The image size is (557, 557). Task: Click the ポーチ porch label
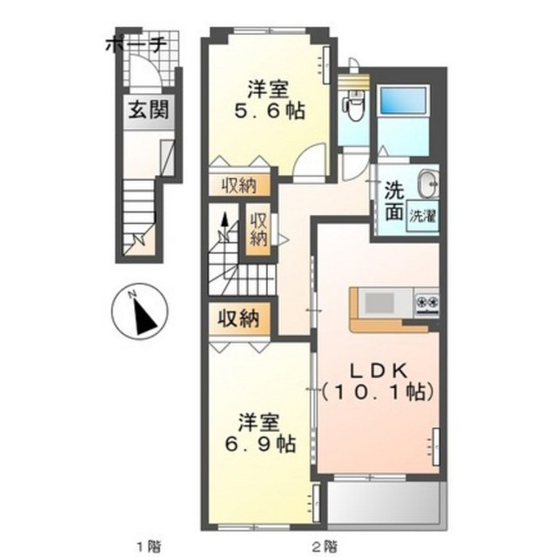coord(136,45)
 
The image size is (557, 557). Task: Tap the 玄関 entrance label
coord(148,110)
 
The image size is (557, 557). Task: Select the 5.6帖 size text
coord(269,111)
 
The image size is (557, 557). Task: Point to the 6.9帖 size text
coord(260,444)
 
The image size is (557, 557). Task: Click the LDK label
coord(378,372)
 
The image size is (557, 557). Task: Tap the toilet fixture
coord(352,104)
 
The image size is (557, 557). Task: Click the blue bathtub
coord(403,101)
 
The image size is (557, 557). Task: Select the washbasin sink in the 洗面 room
coord(428,184)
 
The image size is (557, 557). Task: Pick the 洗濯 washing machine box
coord(422,216)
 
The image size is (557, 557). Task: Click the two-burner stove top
coord(427,304)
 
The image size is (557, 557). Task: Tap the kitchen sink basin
coord(379,303)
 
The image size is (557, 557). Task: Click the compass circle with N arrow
coord(139,312)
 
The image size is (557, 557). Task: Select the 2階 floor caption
coord(325,546)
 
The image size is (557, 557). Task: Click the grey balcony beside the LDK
coord(384,501)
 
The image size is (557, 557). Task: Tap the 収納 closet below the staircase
coord(238,319)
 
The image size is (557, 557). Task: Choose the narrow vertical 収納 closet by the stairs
coord(258,230)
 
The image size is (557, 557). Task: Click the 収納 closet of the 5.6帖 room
coord(239,185)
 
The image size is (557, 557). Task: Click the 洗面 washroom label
coord(394,201)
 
